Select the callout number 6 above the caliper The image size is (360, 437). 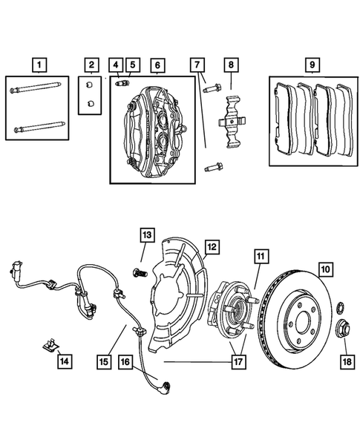[x=157, y=65]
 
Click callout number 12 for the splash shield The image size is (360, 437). [x=212, y=246]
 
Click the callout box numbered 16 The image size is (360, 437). [x=125, y=361]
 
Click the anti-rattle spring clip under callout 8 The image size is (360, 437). [x=231, y=119]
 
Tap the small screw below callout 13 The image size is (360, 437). [x=137, y=272]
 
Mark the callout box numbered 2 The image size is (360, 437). [x=91, y=65]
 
